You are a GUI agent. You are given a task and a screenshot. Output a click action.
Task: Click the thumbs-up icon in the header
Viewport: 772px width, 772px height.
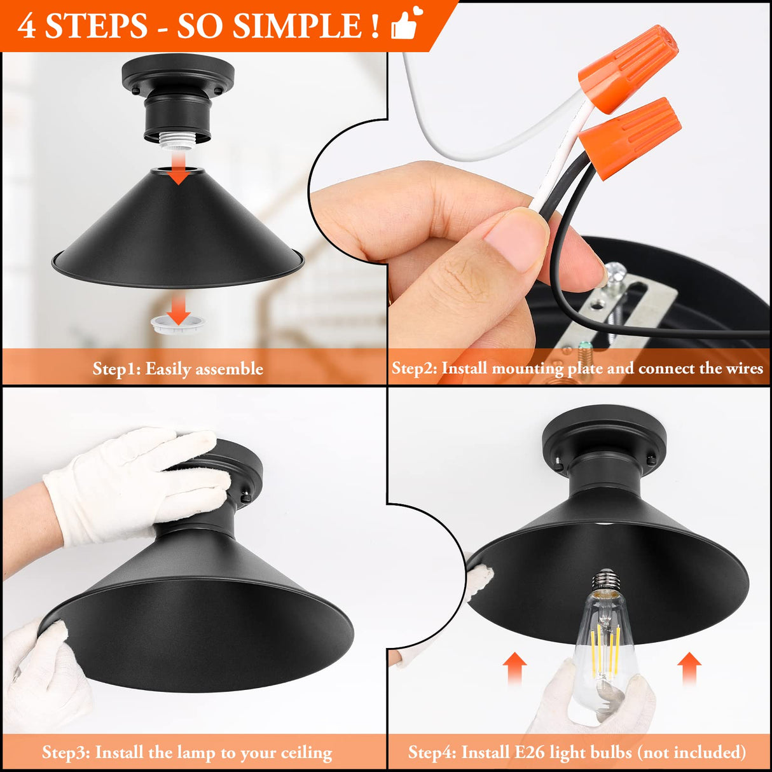pos(406,25)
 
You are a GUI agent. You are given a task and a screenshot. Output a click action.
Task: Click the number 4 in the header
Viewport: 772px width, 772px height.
pos(27,26)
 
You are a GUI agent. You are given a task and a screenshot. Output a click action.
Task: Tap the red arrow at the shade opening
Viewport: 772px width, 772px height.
pos(179,174)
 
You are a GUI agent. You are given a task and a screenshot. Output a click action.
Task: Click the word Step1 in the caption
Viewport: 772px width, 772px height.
pos(116,369)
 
